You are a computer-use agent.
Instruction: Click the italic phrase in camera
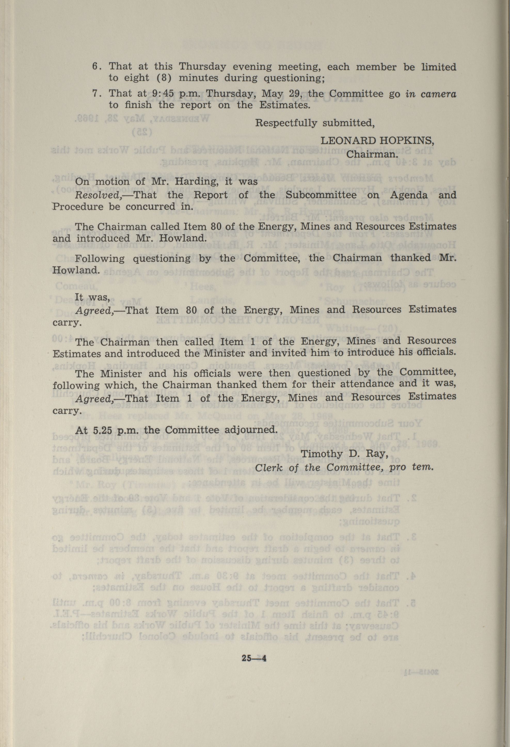click(431, 94)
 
